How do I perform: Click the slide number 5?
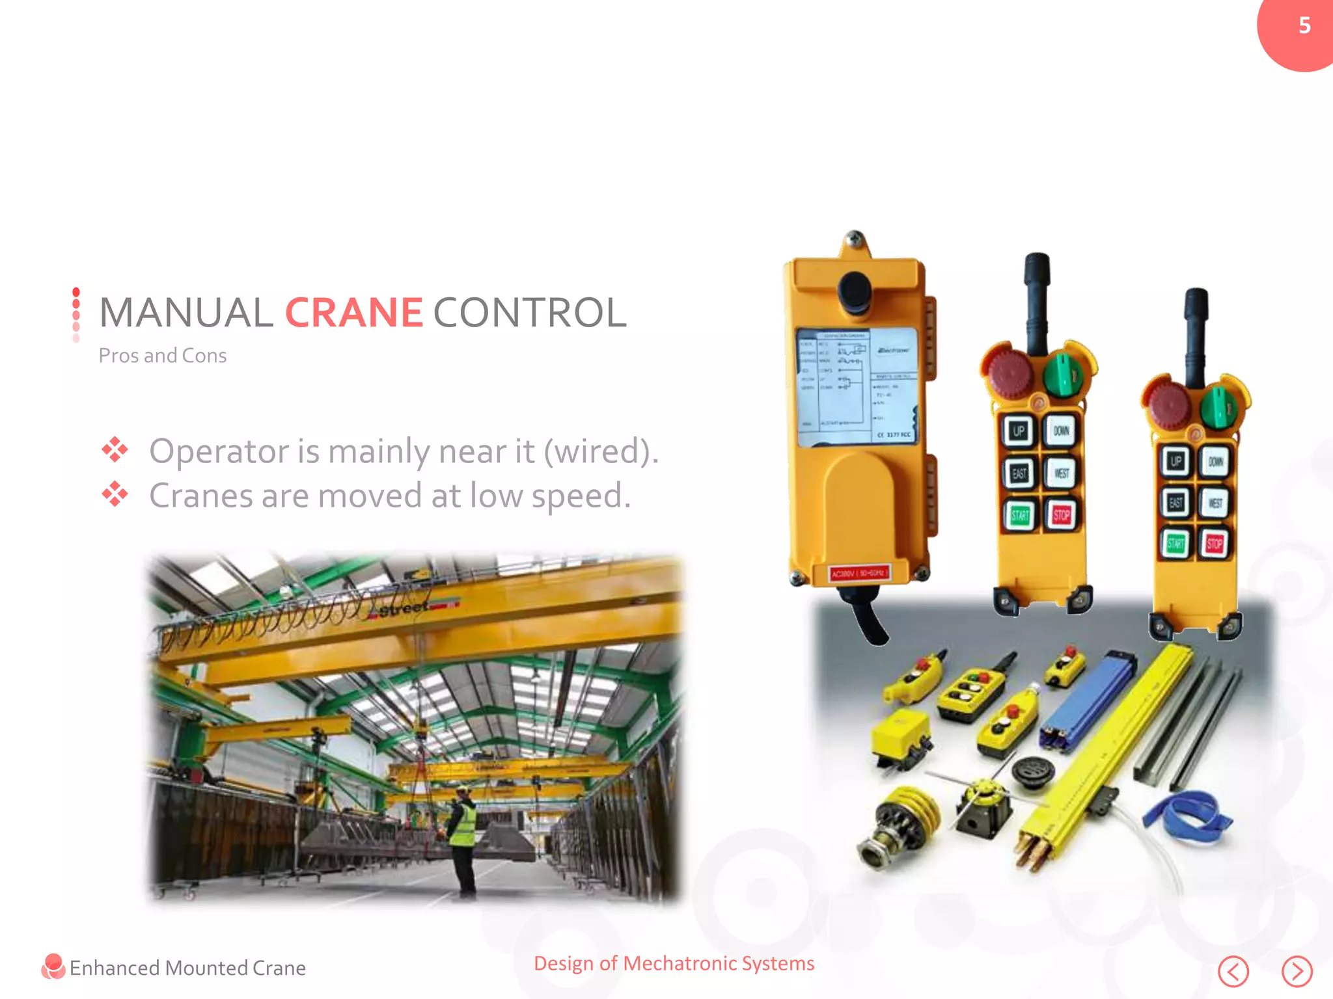[x=1304, y=25]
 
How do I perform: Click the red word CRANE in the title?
[x=354, y=313]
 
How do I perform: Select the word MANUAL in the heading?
[x=186, y=313]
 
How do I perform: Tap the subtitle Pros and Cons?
[x=162, y=356]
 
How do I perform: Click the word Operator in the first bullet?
[x=219, y=451]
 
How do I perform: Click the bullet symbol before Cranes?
[x=115, y=494]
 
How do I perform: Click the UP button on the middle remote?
[x=1019, y=431]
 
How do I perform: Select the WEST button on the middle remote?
[x=1062, y=473]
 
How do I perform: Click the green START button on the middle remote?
[x=1019, y=516]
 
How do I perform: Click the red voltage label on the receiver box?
[x=859, y=573]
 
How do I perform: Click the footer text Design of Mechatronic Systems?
[x=674, y=963]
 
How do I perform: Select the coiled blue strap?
[x=1187, y=817]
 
